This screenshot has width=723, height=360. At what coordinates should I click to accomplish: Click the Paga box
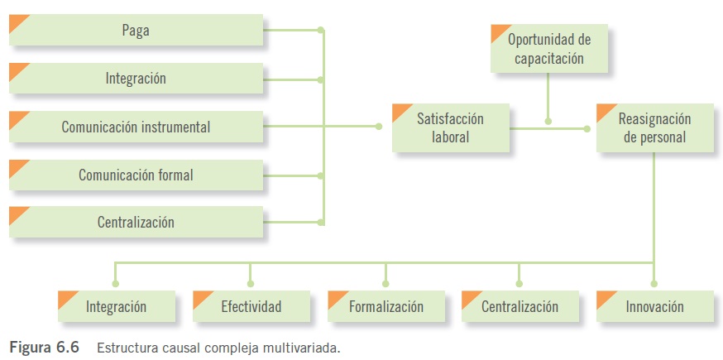136,31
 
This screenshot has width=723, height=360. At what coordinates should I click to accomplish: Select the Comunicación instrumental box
136,127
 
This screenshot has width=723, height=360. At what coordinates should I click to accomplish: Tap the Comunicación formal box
136,175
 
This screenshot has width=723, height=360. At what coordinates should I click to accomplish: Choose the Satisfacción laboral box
450,127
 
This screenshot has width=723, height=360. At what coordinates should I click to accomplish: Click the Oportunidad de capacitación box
548,49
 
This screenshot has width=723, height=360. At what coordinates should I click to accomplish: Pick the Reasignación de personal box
654,127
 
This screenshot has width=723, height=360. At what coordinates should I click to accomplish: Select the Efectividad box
251,306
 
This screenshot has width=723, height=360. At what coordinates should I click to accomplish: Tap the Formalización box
385,306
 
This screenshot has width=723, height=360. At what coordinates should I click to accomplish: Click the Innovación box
654,306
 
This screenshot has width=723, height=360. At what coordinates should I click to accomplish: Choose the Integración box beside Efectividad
116,306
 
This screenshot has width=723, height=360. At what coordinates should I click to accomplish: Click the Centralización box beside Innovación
520,306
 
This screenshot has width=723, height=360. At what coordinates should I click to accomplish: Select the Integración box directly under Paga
136,79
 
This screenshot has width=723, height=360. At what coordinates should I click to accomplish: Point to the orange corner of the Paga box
18,22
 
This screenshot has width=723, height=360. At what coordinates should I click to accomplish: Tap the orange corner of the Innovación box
606,298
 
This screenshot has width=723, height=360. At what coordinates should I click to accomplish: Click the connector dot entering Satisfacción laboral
379,127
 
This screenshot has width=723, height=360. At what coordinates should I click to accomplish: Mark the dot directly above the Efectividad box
251,283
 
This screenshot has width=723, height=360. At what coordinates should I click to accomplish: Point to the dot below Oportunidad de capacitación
548,121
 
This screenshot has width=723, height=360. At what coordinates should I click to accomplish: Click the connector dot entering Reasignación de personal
587,127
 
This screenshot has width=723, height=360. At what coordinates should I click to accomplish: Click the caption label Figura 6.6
44,348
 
